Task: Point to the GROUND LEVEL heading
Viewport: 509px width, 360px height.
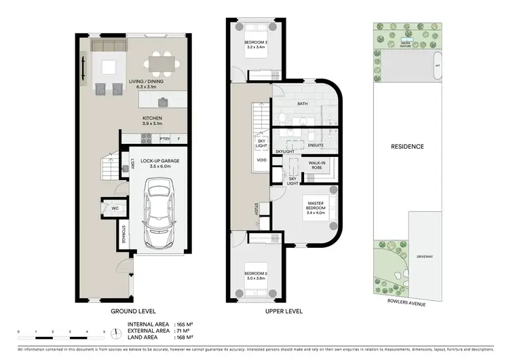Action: tap(133, 311)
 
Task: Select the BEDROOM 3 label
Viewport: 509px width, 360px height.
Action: tap(256, 45)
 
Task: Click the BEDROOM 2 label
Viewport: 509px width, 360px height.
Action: tap(257, 276)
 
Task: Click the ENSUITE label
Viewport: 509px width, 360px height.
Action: tap(316, 145)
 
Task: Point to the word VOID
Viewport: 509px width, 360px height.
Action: tap(261, 160)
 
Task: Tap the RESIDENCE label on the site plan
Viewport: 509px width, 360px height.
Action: tap(407, 146)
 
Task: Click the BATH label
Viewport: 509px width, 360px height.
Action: tap(303, 104)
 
